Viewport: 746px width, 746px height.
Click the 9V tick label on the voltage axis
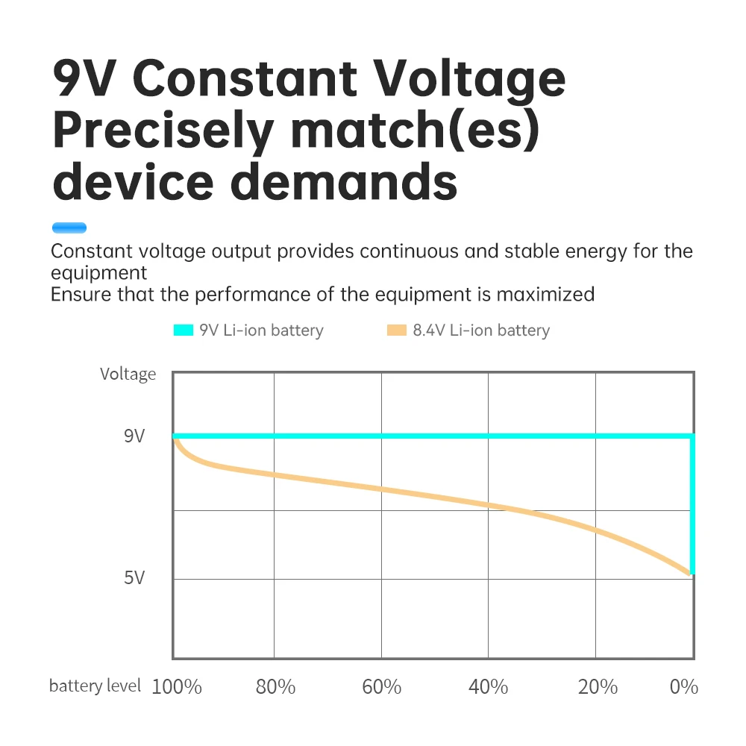[134, 436]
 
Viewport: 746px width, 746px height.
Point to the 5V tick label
[134, 577]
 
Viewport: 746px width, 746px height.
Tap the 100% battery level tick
[177, 686]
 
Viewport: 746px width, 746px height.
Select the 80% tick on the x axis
[275, 686]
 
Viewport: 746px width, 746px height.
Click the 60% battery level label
[382, 686]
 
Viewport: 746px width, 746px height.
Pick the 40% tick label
[489, 686]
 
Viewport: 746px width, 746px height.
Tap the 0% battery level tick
[683, 686]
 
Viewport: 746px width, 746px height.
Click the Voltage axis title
[128, 374]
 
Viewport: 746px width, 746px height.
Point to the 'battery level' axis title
[95, 686]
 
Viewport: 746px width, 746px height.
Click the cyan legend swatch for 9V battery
[183, 330]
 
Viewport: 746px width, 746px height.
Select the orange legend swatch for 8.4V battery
[396, 330]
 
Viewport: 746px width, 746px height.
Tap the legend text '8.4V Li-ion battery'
[481, 330]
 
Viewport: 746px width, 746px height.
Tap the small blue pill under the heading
[69, 228]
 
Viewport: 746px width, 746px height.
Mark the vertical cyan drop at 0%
[692, 504]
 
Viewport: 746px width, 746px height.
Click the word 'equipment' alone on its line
[98, 272]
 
